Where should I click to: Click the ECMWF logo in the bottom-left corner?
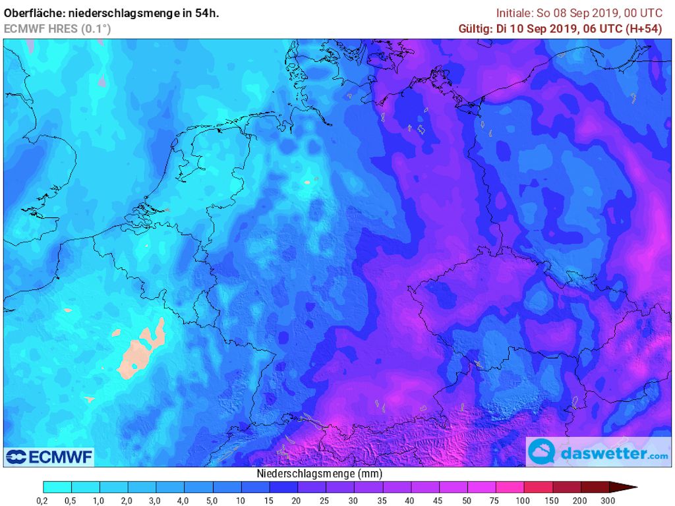coord(49,457)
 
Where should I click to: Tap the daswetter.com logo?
coord(599,453)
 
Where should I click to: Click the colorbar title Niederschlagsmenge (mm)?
coord(319,474)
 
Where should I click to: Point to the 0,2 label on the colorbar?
coord(44,501)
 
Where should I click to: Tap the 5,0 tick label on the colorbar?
coord(213,501)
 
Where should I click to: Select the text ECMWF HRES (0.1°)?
coord(57,28)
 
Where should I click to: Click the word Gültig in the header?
coord(473,28)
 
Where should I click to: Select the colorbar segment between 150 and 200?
coord(566,488)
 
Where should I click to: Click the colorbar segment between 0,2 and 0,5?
coord(57,488)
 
